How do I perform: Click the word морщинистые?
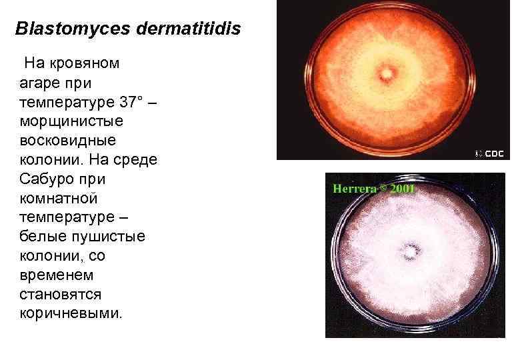[69, 123]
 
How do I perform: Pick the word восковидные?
[68, 141]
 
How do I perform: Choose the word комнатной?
[59, 199]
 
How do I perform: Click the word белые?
[45, 237]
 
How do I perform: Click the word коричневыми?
[71, 313]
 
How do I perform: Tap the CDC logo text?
[493, 153]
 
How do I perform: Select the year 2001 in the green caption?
[403, 189]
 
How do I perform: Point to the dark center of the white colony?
[409, 251]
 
